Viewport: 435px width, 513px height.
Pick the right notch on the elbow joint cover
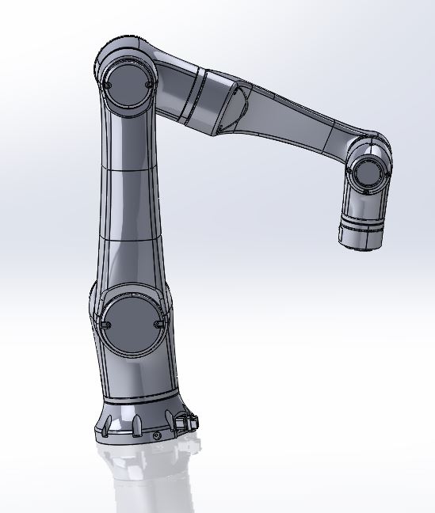pyautogui.click(x=149, y=82)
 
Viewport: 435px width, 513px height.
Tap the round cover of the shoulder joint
pyautogui.click(x=132, y=324)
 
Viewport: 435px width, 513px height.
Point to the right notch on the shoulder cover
pyautogui.click(x=161, y=322)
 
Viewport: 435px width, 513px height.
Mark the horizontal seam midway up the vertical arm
pyautogui.click(x=131, y=169)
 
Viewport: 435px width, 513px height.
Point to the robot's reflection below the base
pyautogui.click(x=147, y=479)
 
